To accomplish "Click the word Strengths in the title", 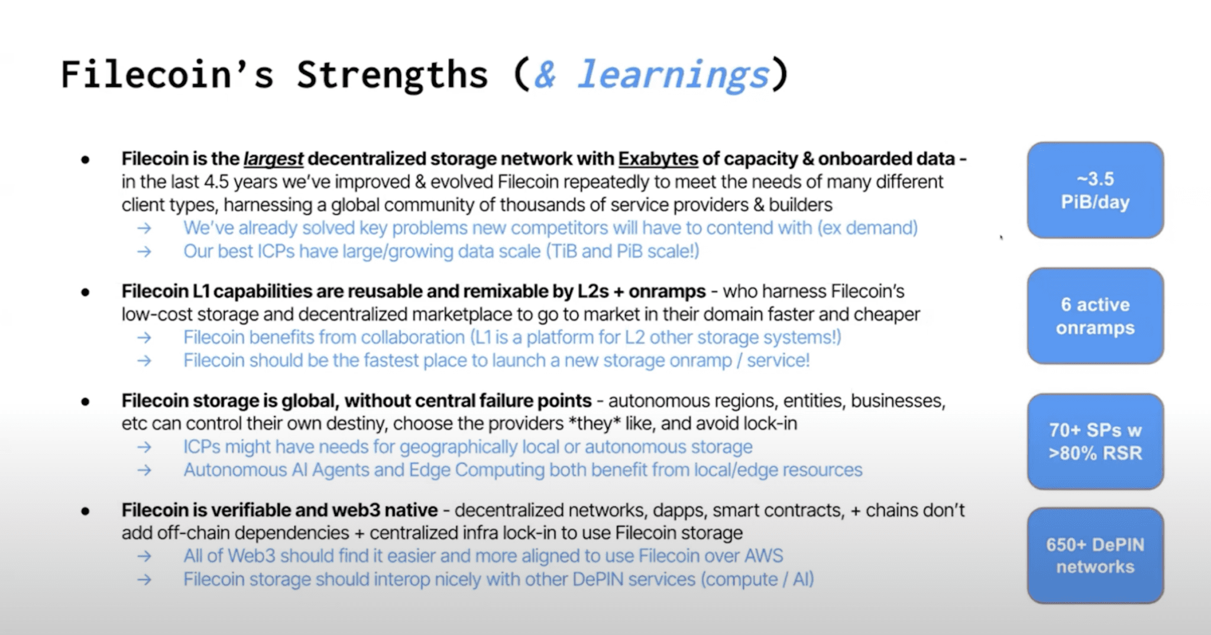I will [392, 75].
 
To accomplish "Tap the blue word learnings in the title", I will [674, 75].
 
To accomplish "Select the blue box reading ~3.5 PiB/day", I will [1095, 190].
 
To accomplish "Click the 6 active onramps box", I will [1095, 316].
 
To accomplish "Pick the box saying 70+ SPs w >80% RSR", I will [1095, 441].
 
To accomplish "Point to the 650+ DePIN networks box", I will [1095, 555].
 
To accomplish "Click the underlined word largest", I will [273, 159].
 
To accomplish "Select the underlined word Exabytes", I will [658, 159].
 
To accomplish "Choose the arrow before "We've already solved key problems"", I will [144, 228].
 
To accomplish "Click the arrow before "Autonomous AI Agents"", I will [144, 471].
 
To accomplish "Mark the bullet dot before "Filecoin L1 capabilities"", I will [86, 292].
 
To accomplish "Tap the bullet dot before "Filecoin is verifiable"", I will [86, 511].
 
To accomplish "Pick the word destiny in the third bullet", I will [354, 424].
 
